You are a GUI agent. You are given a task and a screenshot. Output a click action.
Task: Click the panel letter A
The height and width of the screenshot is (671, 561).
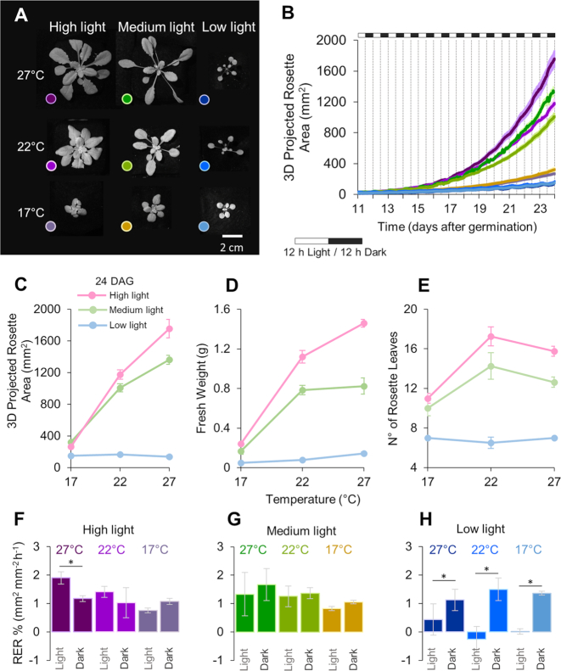tap(20, 15)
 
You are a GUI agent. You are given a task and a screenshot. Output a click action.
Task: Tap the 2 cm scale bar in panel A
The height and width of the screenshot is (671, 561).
tap(233, 236)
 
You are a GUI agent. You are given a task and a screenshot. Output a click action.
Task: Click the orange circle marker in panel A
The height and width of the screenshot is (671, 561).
tap(126, 226)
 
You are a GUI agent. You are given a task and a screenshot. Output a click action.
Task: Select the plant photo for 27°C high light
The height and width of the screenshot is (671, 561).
tap(78, 69)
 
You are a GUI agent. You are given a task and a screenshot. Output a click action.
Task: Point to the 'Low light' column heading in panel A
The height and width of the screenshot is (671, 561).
tap(228, 27)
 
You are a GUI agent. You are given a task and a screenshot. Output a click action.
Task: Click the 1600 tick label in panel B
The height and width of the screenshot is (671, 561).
tap(331, 70)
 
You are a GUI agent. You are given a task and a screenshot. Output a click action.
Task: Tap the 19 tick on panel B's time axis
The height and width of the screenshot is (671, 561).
tap(480, 209)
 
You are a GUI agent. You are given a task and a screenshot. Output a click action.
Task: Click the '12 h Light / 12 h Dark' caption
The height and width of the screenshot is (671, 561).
tap(335, 253)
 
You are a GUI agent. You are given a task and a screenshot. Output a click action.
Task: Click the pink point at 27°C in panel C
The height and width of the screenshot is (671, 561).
tap(169, 328)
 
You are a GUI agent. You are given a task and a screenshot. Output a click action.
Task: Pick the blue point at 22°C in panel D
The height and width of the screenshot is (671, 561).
tap(302, 460)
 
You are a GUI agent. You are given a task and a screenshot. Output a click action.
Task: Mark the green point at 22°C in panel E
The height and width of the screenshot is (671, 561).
tap(491, 366)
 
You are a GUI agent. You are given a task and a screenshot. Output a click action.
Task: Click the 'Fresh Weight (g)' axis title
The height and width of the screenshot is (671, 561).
tap(201, 389)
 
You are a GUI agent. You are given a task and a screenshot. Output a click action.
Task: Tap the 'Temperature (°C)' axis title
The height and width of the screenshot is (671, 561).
tap(313, 500)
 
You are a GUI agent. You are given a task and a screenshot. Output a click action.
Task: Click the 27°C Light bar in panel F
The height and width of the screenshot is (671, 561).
tap(61, 605)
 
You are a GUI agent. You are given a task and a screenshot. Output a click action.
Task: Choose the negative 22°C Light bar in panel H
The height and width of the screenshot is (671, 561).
tap(475, 635)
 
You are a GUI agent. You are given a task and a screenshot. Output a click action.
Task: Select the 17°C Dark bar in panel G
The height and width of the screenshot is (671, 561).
tap(353, 617)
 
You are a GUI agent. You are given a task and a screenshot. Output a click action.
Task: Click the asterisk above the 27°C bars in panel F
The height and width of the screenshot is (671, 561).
tap(71, 562)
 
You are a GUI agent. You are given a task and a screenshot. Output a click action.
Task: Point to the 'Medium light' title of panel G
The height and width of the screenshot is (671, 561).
tap(301, 531)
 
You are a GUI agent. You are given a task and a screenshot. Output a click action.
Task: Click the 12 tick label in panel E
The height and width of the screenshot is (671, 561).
tap(410, 389)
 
